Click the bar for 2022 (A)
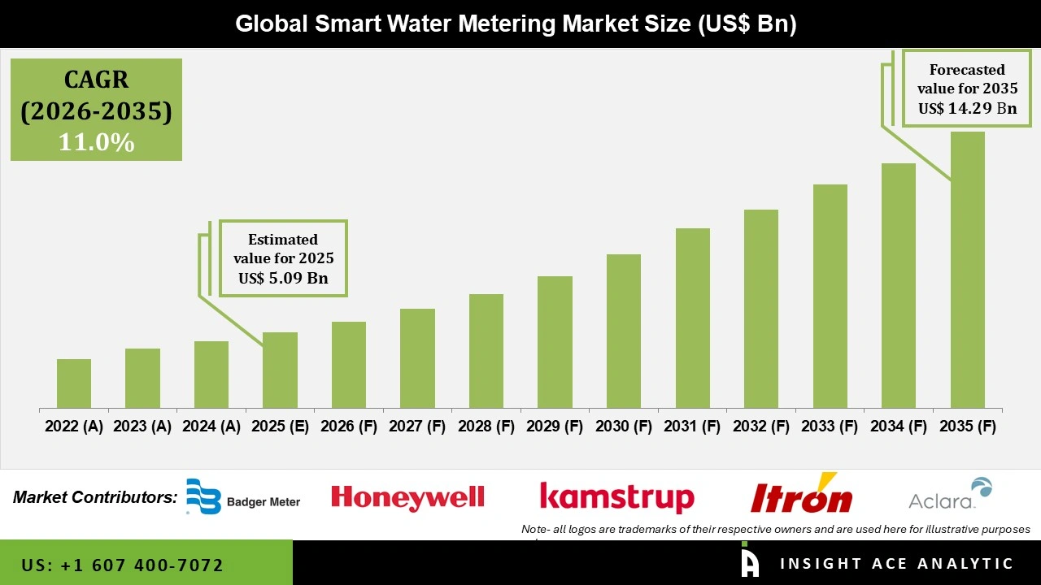[x=74, y=383]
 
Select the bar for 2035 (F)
[x=967, y=270]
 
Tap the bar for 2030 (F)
[x=624, y=331]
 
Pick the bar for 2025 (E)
[x=280, y=370]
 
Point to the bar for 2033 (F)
[x=830, y=296]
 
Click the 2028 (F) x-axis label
[x=486, y=427]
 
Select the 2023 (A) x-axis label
[x=142, y=427]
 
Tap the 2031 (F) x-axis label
[x=692, y=427]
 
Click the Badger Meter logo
[x=243, y=497]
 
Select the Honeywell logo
[x=407, y=497]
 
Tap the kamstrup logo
[x=617, y=497]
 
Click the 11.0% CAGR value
[x=96, y=142]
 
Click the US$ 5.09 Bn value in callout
[x=283, y=279]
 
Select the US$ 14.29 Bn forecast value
[x=967, y=108]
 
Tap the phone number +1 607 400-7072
[x=123, y=565]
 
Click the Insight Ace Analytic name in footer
[x=896, y=564]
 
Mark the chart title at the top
[x=516, y=24]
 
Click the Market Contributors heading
[x=95, y=497]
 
